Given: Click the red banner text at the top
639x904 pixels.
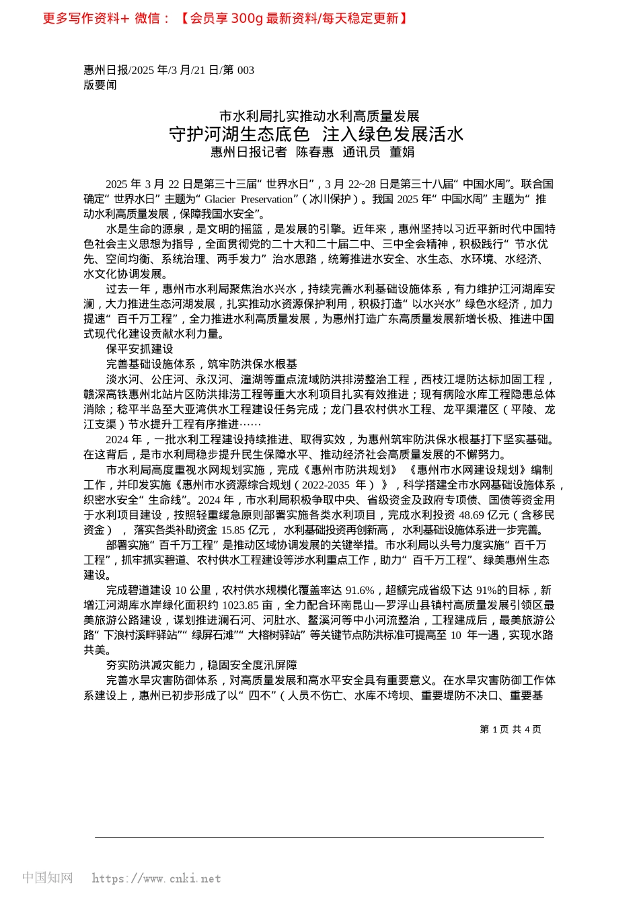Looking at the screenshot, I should pyautogui.click(x=225, y=18).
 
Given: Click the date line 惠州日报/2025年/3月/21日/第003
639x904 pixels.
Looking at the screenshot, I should pyautogui.click(x=169, y=70).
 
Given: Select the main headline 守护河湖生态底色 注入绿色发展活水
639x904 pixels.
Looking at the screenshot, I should pyautogui.click(x=316, y=134).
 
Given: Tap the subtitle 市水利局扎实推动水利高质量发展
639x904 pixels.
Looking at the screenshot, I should pyautogui.click(x=319, y=116).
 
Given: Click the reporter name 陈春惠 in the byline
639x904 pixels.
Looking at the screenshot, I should pyautogui.click(x=315, y=152).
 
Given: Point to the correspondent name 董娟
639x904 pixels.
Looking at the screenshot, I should pyautogui.click(x=402, y=152).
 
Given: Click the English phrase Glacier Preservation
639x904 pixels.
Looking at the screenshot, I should pyautogui.click(x=249, y=199).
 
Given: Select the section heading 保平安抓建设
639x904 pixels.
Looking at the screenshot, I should pyautogui.click(x=139, y=349).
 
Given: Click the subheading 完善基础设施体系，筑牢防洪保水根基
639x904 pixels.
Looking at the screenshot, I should pyautogui.click(x=201, y=364).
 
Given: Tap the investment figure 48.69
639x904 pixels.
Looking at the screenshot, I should pyautogui.click(x=472, y=515).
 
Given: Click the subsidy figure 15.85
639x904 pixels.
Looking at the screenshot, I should pyautogui.click(x=233, y=530).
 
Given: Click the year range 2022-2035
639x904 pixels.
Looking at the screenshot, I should pyautogui.click(x=326, y=485).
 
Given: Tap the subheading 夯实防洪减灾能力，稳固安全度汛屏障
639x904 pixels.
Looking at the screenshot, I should pyautogui.click(x=201, y=665).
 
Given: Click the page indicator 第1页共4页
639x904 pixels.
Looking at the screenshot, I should pyautogui.click(x=511, y=729).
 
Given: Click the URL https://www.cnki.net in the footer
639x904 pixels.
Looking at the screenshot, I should pyautogui.click(x=156, y=878).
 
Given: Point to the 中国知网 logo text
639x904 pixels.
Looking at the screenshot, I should pyautogui.click(x=47, y=878).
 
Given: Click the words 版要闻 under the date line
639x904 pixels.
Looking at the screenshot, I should pyautogui.click(x=100, y=85).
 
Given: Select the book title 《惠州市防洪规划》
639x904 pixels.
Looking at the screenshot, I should pyautogui.click(x=349, y=469).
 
